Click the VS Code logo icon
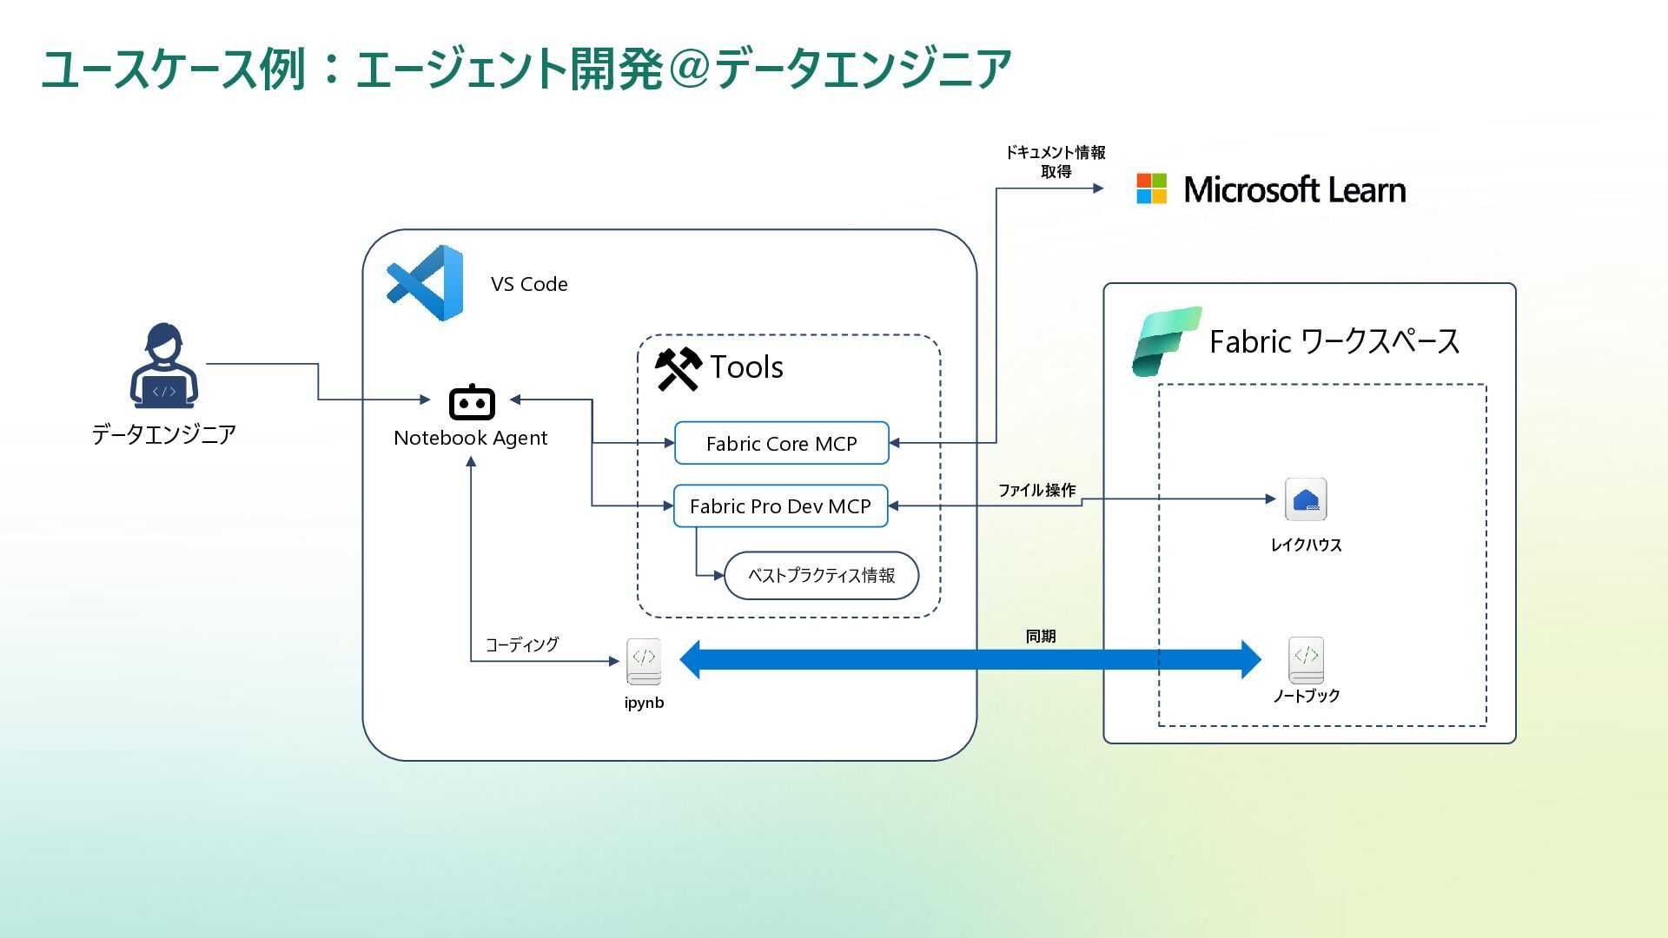426,283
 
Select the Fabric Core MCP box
781,444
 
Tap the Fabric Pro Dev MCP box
780,506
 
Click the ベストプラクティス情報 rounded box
821,576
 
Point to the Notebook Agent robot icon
472,403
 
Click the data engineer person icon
164,366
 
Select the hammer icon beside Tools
678,369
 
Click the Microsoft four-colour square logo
1152,188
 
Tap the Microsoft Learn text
1294,190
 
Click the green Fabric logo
1166,341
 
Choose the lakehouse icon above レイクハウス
1306,499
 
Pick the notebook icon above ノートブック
1306,660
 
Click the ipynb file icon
644,662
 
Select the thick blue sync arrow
970,660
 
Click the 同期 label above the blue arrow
1041,637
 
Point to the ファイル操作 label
1036,491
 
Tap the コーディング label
521,644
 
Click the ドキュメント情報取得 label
1056,162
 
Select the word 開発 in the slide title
617,69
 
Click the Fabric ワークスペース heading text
1334,342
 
